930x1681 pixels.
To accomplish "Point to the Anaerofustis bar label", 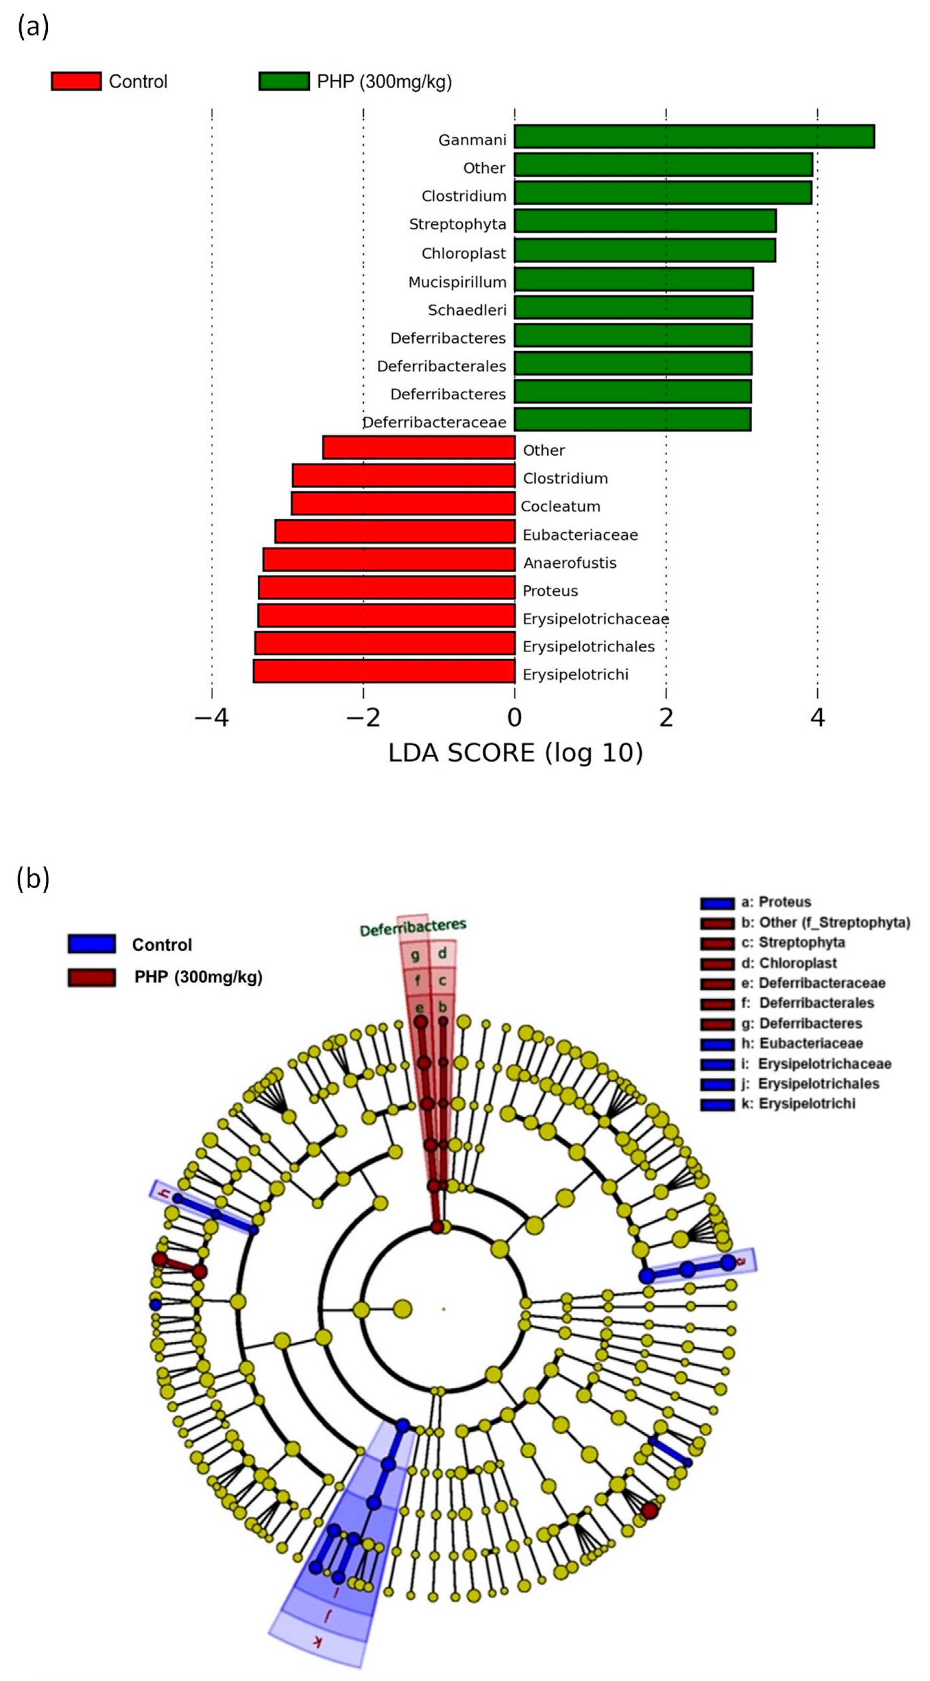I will tap(570, 562).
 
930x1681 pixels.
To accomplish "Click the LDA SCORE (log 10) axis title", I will tap(516, 753).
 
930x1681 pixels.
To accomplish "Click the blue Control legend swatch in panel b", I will tap(92, 944).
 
